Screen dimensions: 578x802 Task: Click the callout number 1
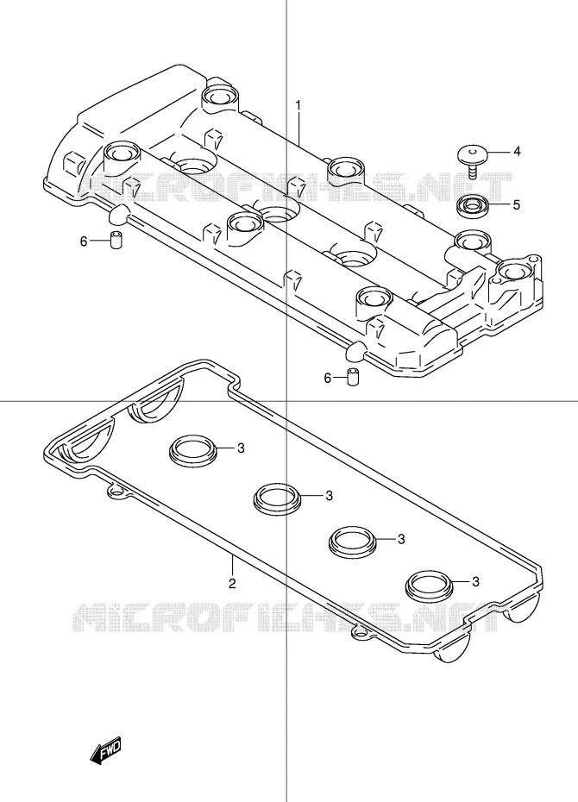click(x=298, y=105)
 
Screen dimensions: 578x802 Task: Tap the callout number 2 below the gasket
click(x=232, y=583)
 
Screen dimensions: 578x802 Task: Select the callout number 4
click(x=517, y=152)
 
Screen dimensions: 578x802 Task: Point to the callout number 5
click(x=517, y=204)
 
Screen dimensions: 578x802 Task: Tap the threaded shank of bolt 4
click(x=471, y=170)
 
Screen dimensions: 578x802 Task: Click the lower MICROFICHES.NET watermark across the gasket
click(x=286, y=617)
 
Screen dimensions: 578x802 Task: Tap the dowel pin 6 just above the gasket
click(x=352, y=376)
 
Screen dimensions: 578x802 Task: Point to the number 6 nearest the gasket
click(x=327, y=378)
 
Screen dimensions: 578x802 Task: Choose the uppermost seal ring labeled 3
click(x=193, y=450)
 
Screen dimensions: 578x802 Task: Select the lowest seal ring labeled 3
click(x=429, y=585)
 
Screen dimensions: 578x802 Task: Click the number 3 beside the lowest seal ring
click(x=475, y=581)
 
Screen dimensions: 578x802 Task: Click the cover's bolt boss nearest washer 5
click(x=473, y=238)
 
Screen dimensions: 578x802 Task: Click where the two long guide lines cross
click(x=286, y=401)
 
